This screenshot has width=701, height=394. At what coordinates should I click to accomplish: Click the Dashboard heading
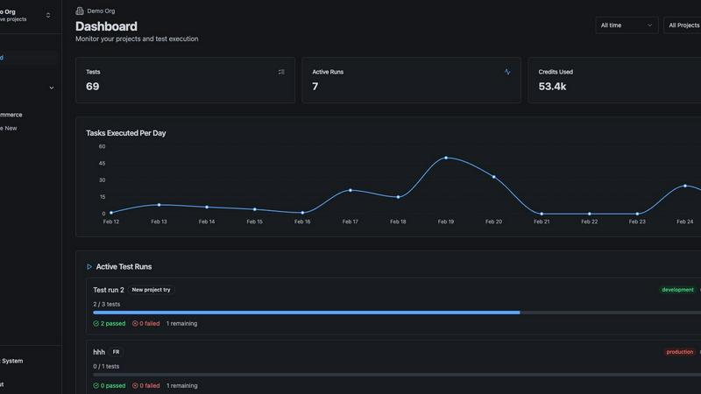tap(106, 26)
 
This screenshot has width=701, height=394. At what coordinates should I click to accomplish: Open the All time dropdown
tap(627, 25)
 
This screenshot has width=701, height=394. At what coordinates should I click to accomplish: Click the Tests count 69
tap(93, 87)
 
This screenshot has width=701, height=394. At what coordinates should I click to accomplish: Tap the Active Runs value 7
tap(315, 87)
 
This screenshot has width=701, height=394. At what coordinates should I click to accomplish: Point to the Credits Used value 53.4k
tap(552, 87)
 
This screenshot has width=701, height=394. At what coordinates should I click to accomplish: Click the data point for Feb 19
tap(446, 158)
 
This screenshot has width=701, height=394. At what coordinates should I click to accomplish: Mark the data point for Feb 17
tap(350, 190)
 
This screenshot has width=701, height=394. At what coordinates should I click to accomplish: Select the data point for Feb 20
tap(494, 177)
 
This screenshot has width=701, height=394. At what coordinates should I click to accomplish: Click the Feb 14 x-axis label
tap(207, 222)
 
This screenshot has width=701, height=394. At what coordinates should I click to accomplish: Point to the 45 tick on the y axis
tap(102, 163)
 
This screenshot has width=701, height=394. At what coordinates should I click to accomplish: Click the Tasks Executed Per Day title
tap(126, 133)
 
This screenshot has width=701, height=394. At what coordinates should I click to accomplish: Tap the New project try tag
tap(151, 290)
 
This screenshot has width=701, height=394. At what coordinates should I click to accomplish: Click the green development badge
tap(677, 290)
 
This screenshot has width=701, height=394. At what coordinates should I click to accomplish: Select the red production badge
tap(679, 352)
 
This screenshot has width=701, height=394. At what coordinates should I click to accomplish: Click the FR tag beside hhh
tap(117, 352)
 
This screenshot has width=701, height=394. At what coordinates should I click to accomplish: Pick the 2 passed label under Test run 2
tap(110, 323)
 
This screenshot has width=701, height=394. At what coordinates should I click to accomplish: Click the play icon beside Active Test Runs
tap(89, 266)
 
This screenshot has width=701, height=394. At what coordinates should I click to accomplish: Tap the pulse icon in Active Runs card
tap(507, 72)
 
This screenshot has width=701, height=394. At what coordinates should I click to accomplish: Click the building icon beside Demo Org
tap(80, 11)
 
